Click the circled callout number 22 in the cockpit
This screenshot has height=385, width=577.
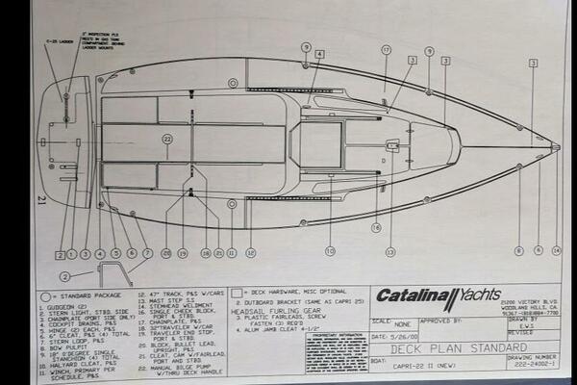[x=166, y=140]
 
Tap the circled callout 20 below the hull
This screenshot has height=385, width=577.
[x=166, y=253]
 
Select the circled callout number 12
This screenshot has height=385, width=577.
[x=250, y=253]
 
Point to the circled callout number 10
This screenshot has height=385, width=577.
[x=330, y=252]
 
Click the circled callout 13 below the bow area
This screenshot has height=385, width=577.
[x=389, y=252]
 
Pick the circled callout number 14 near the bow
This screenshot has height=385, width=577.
[x=556, y=251]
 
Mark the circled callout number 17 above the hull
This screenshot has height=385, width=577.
[x=386, y=49]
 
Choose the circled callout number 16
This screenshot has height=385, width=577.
[x=376, y=228]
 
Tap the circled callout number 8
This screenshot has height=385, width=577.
[x=519, y=251]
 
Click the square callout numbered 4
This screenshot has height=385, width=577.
[x=318, y=54]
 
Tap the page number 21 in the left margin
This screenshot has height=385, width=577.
[x=40, y=199]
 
